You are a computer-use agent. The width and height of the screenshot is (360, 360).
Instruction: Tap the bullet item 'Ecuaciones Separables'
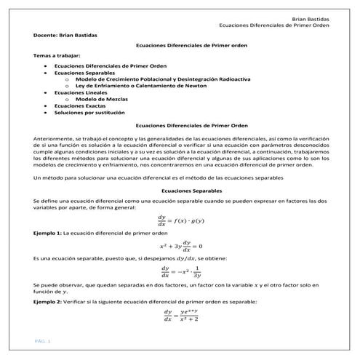pyautogui.click(x=84, y=73)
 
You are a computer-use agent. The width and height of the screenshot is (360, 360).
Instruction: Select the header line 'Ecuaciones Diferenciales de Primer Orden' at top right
pyautogui.click(x=273, y=25)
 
